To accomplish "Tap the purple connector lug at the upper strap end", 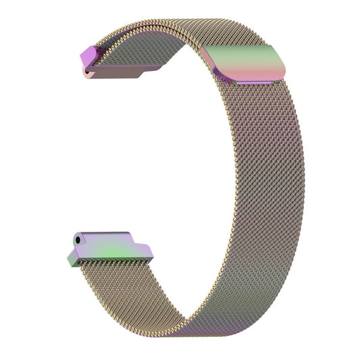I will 93,57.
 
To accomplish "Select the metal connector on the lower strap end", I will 111,247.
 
